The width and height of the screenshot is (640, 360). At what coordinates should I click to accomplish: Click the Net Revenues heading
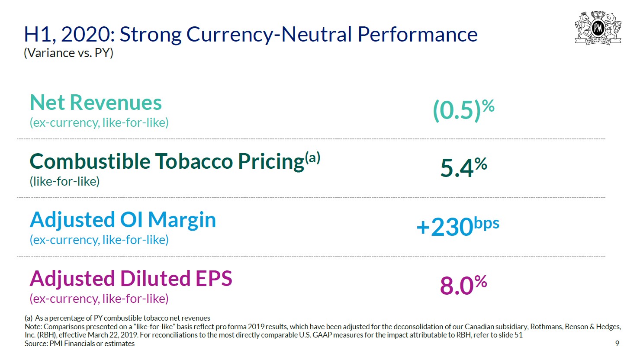pyautogui.click(x=96, y=103)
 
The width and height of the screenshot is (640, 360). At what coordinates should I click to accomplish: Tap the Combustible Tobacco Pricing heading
pyautogui.click(x=167, y=161)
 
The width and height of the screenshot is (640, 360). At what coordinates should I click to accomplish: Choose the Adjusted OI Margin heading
pyautogui.click(x=122, y=220)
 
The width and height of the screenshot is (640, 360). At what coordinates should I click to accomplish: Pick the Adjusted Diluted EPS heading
pyautogui.click(x=131, y=279)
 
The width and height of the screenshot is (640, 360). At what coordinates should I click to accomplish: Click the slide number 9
pyautogui.click(x=617, y=344)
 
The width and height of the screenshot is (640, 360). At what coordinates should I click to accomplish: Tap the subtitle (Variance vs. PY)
pyautogui.click(x=68, y=53)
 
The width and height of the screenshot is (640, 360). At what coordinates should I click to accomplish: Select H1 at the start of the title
pyautogui.click(x=37, y=35)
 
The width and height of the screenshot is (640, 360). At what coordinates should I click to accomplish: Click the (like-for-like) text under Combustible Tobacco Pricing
pyautogui.click(x=64, y=181)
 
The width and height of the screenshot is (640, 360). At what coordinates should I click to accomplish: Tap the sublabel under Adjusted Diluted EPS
pyautogui.click(x=99, y=299)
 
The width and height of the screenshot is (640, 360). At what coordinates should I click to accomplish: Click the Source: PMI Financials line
pyautogui.click(x=80, y=344)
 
